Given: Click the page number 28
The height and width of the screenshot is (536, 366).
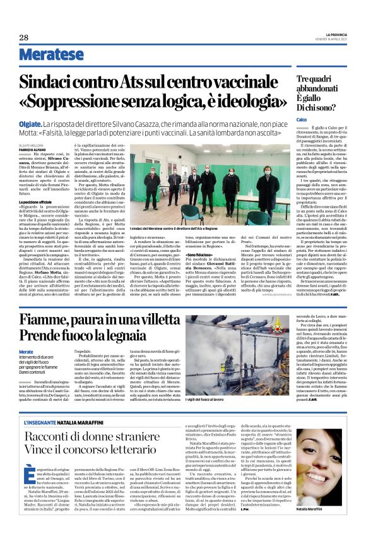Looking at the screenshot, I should tap(24, 38).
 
